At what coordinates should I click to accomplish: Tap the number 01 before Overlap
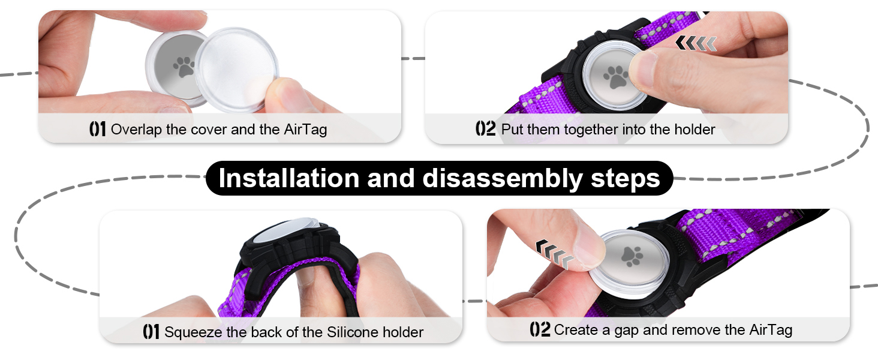pos(97,129)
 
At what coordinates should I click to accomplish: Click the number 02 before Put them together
pos(485,129)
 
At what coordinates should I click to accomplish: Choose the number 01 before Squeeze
pos(151,332)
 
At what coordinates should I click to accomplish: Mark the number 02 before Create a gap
pos(540,329)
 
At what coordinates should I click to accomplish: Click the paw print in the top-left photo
pos(183,66)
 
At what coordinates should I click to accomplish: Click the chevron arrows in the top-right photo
pos(696,43)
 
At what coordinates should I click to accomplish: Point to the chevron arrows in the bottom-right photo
pos(554,252)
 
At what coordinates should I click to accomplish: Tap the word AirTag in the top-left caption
pos(305,129)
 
